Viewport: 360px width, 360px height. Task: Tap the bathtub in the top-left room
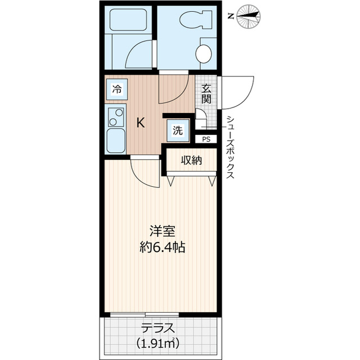128,20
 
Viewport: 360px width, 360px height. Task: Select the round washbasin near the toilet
204,53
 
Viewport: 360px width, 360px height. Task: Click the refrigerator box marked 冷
117,89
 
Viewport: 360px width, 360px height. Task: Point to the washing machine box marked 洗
178,130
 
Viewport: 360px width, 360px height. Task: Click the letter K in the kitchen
141,123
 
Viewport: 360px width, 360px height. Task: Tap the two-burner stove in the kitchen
116,117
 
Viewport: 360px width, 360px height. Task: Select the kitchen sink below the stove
116,141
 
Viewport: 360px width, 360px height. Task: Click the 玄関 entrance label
206,94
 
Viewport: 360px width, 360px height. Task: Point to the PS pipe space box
206,139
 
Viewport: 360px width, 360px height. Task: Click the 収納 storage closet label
191,160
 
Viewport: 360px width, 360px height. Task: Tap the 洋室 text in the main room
163,231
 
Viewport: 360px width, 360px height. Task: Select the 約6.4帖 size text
163,247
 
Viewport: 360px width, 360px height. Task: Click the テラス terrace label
158,328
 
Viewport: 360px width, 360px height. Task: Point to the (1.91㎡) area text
158,344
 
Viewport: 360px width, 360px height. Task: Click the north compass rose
249,16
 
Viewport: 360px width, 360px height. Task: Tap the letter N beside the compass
231,16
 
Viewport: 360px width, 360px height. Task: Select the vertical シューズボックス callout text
230,147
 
